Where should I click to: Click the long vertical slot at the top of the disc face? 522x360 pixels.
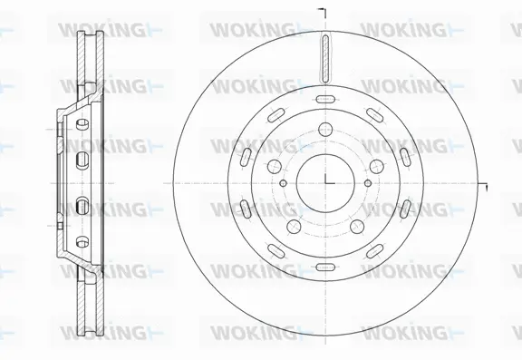coord(325,56)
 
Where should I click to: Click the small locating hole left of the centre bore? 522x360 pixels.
coord(283,182)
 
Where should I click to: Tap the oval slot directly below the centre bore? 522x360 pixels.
coord(325,265)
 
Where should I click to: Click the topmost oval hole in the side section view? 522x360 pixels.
coord(82,120)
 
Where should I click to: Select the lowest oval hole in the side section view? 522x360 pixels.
coord(82,241)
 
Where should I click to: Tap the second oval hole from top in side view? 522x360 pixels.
coord(82,160)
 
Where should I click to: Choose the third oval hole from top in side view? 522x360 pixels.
coord(82,201)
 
